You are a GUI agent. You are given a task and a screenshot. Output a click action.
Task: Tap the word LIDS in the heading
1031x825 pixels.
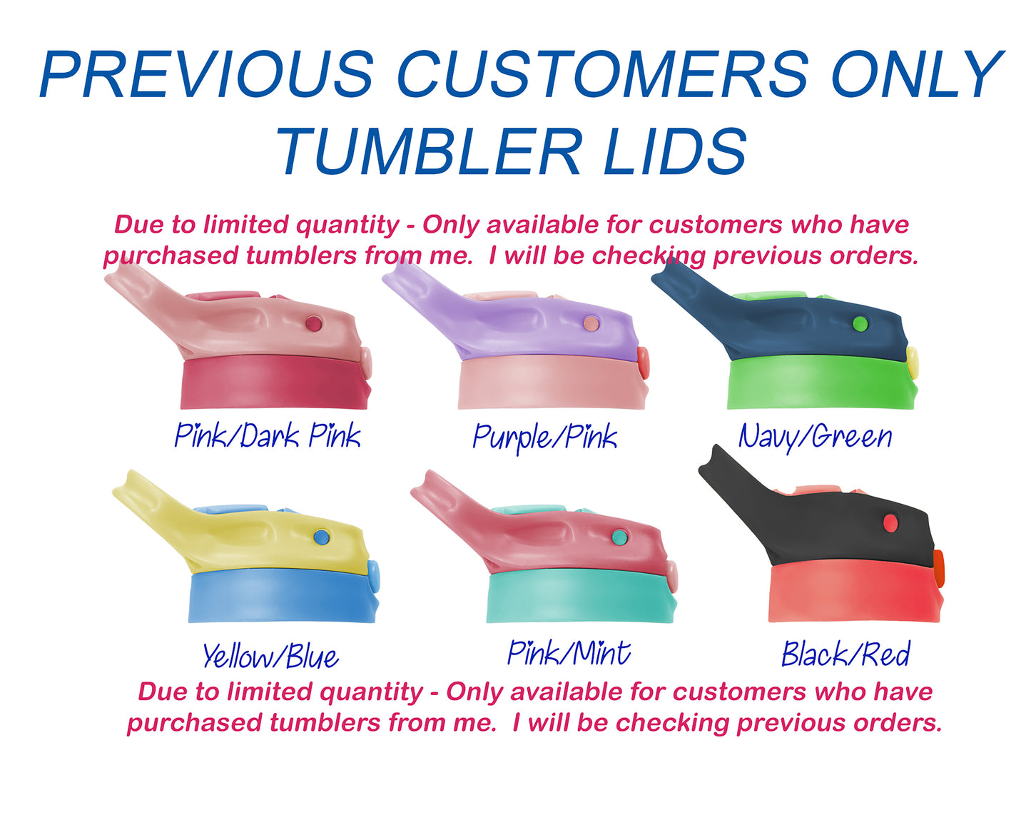click(674, 151)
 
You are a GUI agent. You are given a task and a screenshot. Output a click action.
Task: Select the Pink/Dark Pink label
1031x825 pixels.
click(268, 435)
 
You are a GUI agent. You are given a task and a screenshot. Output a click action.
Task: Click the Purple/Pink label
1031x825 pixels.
click(544, 438)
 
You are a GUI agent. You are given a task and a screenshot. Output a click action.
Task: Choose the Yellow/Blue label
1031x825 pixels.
click(270, 657)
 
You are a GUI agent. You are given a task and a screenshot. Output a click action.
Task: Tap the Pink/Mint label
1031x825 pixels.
click(569, 653)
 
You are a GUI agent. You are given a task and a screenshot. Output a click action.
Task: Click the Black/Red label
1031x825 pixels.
click(845, 654)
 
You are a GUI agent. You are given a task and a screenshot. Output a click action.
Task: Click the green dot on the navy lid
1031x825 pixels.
click(860, 324)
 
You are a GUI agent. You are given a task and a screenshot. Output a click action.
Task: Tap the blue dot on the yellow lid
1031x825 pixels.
click(322, 537)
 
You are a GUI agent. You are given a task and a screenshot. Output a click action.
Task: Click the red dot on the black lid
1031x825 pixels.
click(890, 523)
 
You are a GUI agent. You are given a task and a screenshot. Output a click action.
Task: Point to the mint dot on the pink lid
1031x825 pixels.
click(620, 537)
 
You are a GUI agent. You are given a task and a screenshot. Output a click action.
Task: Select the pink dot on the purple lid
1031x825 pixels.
click(591, 323)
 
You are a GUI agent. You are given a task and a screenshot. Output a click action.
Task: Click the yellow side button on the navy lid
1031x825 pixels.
click(912, 362)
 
